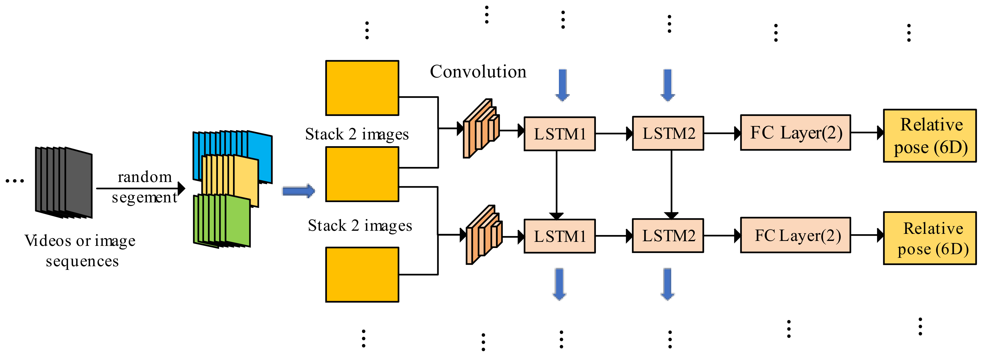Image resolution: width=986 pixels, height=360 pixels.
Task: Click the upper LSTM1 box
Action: click(x=559, y=134)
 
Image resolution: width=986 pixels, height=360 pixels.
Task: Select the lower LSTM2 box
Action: click(x=668, y=236)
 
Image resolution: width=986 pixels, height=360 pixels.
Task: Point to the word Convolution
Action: click(x=478, y=72)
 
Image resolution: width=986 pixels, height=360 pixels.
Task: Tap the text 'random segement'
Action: click(x=144, y=187)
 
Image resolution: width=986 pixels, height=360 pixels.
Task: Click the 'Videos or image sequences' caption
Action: click(x=80, y=250)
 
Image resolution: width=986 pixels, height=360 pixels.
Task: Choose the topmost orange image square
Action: click(x=362, y=88)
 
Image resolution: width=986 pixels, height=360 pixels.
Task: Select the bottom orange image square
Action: click(x=362, y=275)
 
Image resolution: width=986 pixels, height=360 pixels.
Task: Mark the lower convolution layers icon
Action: click(x=484, y=235)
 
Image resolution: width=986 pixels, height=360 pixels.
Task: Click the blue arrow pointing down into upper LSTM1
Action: click(x=562, y=85)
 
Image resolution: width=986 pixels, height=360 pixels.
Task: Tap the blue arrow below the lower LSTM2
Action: click(x=668, y=284)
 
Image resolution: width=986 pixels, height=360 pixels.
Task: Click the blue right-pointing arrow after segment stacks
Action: click(x=298, y=191)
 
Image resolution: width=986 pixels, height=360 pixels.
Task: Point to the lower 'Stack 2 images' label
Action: click(x=360, y=226)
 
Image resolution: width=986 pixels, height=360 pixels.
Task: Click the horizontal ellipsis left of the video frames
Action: click(x=15, y=180)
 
